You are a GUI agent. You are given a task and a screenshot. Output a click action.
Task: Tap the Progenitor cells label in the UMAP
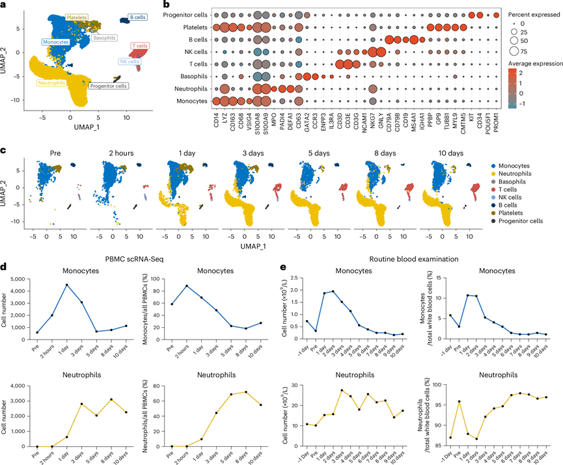click(109, 85)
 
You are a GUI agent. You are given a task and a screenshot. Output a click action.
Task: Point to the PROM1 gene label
click(497, 120)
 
